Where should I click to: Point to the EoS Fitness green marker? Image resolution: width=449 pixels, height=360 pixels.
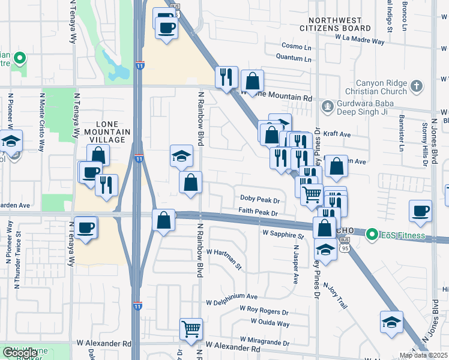[x=372, y=233]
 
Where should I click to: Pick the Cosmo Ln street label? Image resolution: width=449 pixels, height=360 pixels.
[x=297, y=46]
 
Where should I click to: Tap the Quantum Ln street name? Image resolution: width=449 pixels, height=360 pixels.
[x=294, y=59]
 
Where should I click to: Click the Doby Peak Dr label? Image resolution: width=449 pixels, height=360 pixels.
[x=260, y=198]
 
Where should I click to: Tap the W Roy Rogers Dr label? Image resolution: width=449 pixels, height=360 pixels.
[x=264, y=311]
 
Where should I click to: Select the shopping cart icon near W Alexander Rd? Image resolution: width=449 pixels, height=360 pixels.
[x=191, y=328]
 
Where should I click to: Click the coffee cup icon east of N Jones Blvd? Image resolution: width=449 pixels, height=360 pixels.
[x=420, y=211]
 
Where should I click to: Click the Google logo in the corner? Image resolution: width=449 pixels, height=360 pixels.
[x=20, y=353]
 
